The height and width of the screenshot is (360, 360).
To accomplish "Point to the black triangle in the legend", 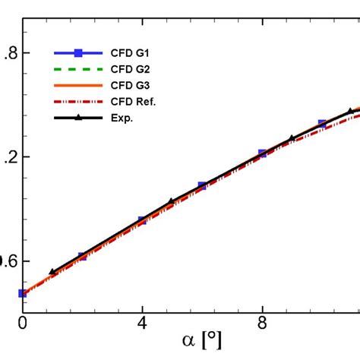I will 77,117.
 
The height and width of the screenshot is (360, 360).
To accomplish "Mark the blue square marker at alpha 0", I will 23,293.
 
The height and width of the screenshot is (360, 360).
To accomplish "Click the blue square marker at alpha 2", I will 82,257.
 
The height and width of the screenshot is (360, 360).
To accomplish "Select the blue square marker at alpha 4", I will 142,220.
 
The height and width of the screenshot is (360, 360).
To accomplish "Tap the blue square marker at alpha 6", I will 202,186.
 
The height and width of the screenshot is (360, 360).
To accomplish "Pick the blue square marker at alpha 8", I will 262,153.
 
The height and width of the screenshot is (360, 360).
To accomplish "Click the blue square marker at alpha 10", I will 322,124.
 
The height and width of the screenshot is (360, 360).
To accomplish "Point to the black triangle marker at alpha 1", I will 52,271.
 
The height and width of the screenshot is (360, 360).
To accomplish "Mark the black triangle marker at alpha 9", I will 292,138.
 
